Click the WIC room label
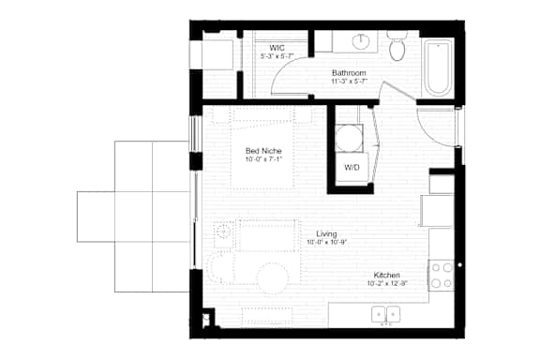click(x=277, y=47)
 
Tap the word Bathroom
click(x=348, y=71)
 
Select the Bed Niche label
click(x=263, y=151)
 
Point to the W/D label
click(x=352, y=168)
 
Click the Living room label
click(x=326, y=233)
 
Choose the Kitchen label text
click(x=388, y=274)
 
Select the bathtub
click(x=439, y=67)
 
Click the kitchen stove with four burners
click(x=442, y=273)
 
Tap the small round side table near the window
click(x=223, y=231)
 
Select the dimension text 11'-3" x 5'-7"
click(x=348, y=82)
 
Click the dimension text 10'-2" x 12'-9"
click(x=388, y=283)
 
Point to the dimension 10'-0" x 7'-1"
click(x=263, y=160)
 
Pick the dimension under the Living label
click(x=326, y=243)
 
